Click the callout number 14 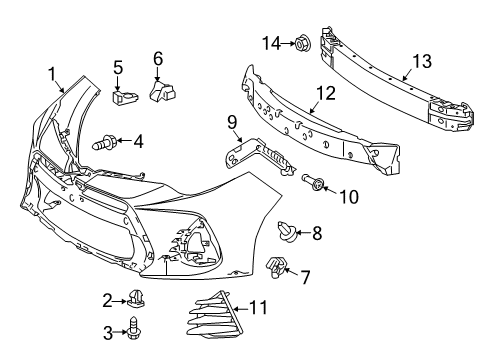click(271, 44)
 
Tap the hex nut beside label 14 click(303, 43)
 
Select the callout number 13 click(422, 61)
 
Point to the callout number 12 click(326, 93)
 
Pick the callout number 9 click(232, 122)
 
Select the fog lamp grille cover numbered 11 click(215, 314)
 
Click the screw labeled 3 click(133, 328)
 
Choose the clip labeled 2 click(137, 297)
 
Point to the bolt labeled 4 click(104, 143)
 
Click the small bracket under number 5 click(124, 97)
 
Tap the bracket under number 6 click(162, 90)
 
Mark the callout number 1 click(52, 74)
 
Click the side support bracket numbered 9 click(260, 155)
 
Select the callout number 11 click(258, 307)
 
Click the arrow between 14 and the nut click(288, 43)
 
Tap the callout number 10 click(349, 197)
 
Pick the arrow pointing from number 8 click(302, 232)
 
